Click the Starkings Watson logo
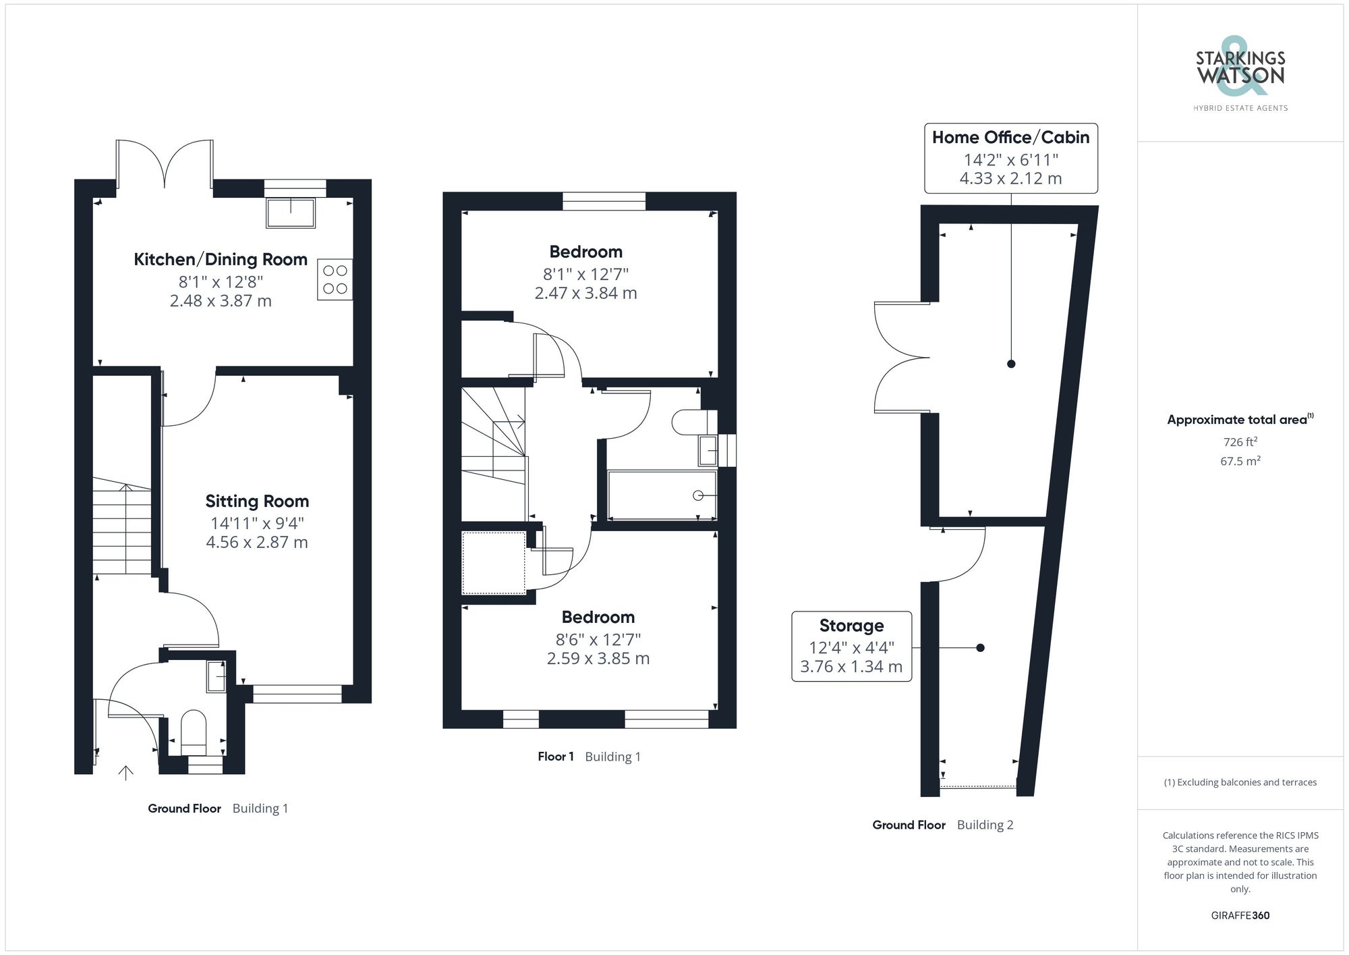(x=1240, y=74)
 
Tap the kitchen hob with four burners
(x=335, y=279)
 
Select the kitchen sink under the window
(x=291, y=213)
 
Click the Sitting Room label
(x=257, y=501)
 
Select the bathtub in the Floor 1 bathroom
(x=662, y=495)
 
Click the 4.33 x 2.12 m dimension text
(x=1010, y=179)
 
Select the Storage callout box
(x=851, y=647)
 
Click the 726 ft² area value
(x=1240, y=442)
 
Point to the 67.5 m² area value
(x=1240, y=462)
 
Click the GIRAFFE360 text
(x=1240, y=916)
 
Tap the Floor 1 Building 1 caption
(x=589, y=757)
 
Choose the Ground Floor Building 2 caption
(x=942, y=825)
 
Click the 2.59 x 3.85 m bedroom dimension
(x=598, y=659)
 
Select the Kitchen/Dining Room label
(x=221, y=260)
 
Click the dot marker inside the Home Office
(x=1010, y=364)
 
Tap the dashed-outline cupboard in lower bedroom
(x=494, y=563)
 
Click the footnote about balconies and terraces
(x=1240, y=783)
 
